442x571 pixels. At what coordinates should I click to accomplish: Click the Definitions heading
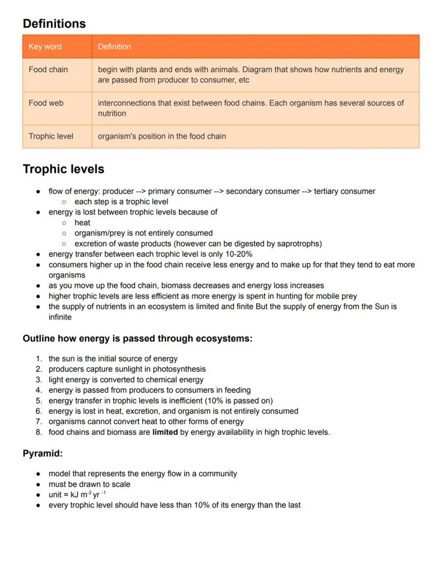[54, 24]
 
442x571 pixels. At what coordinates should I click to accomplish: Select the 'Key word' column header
[45, 47]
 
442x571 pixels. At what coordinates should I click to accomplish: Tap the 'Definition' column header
[114, 47]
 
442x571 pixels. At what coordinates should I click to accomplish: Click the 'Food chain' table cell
[48, 70]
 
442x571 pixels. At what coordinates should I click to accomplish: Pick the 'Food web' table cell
[46, 103]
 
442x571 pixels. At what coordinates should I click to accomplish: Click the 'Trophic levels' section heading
[63, 170]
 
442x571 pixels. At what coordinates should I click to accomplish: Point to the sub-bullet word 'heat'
[82, 223]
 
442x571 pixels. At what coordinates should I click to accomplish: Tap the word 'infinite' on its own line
[60, 317]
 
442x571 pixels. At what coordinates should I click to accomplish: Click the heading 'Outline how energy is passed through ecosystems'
[137, 339]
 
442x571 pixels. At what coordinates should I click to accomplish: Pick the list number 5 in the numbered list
[39, 401]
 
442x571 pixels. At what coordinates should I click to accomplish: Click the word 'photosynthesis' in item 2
[179, 369]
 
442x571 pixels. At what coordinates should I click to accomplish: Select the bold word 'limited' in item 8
[165, 432]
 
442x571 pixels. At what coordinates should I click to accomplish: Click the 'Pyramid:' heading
[43, 454]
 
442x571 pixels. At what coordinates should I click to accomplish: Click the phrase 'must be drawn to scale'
[89, 485]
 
